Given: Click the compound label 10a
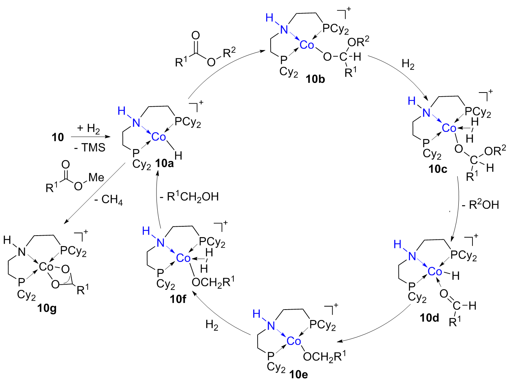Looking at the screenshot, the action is [x=164, y=164].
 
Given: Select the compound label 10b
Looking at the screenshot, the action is [x=315, y=80].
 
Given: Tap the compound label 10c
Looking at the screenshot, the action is [x=438, y=169].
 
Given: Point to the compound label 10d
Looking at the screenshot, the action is [x=429, y=318].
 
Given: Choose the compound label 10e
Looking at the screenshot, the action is [x=298, y=375].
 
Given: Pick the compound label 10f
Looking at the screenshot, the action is [x=178, y=299].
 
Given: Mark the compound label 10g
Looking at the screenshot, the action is [x=47, y=309].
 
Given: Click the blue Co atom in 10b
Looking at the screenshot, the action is [x=307, y=45].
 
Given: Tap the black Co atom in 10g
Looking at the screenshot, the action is [x=46, y=267].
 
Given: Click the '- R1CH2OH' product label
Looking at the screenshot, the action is [x=189, y=197].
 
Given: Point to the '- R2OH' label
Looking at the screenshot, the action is [x=480, y=204].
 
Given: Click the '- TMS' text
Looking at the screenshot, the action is [x=90, y=148].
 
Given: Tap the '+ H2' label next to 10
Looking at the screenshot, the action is [x=88, y=128].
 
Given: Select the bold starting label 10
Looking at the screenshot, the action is [x=58, y=137].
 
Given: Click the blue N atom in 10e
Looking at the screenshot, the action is [x=271, y=326].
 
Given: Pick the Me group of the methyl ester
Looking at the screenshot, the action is [x=96, y=178].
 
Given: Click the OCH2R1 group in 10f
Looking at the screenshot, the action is [x=213, y=282].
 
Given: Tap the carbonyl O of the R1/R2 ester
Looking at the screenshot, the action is [x=196, y=36].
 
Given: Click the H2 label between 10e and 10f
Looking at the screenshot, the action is [x=212, y=325].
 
